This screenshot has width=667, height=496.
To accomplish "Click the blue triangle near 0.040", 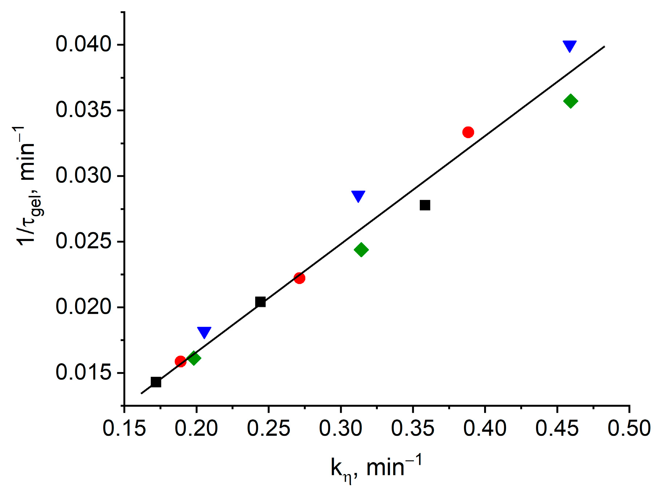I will point(570,46).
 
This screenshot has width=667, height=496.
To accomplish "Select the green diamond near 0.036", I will point(571,101).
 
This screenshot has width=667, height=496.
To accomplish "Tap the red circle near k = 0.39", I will point(468,132).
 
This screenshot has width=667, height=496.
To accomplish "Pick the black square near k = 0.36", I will point(425,205).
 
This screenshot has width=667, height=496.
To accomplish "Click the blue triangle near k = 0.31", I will point(358,195).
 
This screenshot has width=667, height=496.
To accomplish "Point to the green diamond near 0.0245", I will point(361,250).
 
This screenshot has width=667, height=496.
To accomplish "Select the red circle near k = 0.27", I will point(299,278).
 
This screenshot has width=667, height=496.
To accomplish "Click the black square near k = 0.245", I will point(260,302).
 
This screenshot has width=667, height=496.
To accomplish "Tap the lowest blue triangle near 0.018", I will point(204,332).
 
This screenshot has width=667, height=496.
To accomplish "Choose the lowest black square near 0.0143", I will point(156,382).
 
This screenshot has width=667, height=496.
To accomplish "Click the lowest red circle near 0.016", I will point(180,361).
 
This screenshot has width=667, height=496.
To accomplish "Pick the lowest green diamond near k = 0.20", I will point(194,358).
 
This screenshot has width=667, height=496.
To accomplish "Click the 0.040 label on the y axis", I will point(83,44).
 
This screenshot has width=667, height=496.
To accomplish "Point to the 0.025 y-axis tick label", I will point(83,241).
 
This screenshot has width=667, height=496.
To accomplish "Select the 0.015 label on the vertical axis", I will point(83,373).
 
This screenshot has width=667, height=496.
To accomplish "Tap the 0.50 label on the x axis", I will point(629,429).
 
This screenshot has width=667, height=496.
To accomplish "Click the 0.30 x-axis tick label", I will point(341,429).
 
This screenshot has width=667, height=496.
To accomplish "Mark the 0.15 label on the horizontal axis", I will point(124,429).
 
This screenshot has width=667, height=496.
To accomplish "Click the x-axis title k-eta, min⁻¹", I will point(376,468).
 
